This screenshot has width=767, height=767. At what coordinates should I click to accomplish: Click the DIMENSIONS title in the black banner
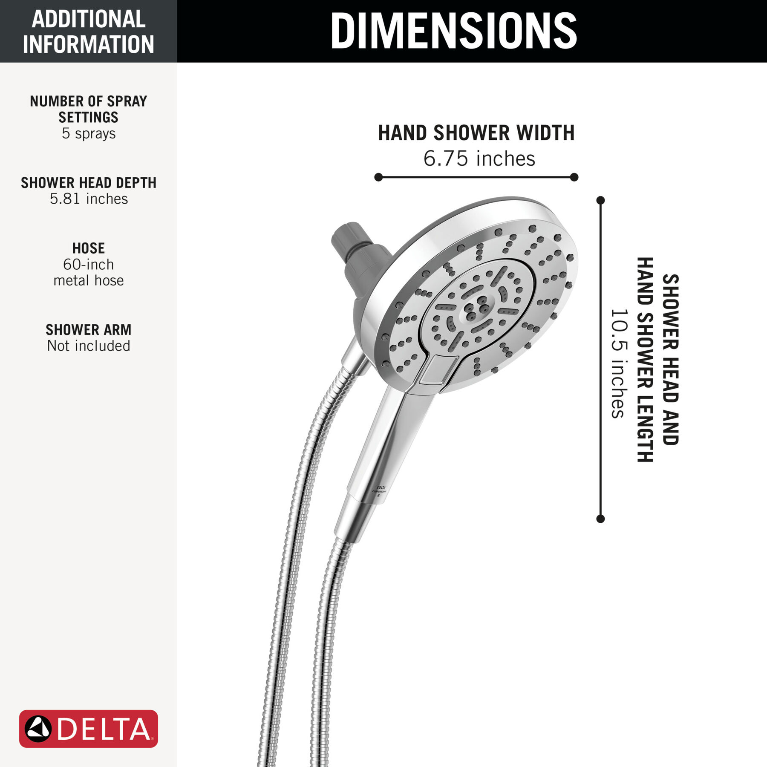(453, 31)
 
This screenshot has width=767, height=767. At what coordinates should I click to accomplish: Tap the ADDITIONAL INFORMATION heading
(89, 32)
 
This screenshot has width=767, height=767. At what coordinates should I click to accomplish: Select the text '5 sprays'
(89, 133)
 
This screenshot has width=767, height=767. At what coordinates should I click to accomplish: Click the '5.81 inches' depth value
(89, 199)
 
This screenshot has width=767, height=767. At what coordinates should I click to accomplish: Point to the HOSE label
(89, 248)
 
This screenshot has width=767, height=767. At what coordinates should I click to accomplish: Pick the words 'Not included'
(89, 346)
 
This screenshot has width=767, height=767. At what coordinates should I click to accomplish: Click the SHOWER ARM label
(89, 330)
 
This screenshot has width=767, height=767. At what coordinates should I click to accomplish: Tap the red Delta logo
(89, 729)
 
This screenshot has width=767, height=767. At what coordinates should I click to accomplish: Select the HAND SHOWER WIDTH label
(476, 133)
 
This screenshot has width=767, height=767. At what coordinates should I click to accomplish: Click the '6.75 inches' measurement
(479, 159)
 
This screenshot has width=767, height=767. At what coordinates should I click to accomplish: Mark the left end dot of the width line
(378, 177)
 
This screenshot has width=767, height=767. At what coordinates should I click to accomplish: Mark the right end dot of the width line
(574, 177)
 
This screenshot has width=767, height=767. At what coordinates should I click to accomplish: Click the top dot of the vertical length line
(601, 200)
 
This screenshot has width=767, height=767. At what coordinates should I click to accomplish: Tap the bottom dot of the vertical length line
(601, 519)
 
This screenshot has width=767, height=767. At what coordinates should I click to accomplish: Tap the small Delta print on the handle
(380, 490)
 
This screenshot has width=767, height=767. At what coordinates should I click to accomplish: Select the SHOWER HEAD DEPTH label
(89, 183)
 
